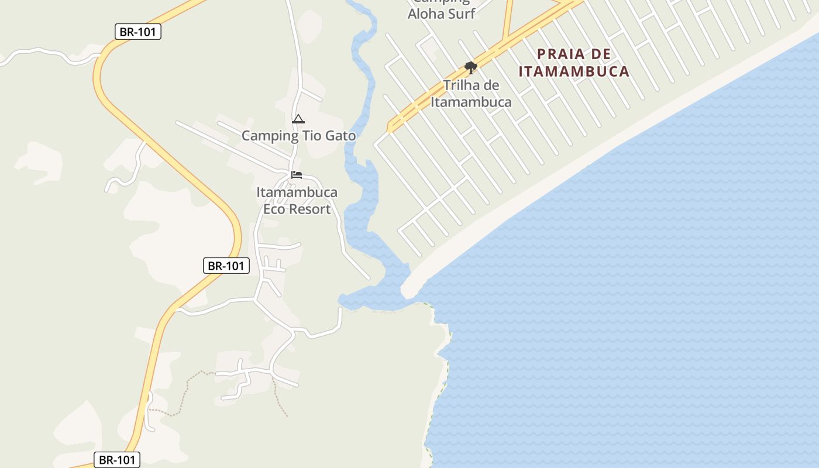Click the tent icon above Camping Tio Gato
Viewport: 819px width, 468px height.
pos(298,119)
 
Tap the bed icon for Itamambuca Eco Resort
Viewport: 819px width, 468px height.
pos(297,175)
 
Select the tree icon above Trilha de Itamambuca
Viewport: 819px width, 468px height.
pos(471,67)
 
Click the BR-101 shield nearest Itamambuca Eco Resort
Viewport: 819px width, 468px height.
pos(226,266)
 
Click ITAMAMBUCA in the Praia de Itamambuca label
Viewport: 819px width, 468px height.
pos(574,71)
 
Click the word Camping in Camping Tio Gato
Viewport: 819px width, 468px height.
pos(270,136)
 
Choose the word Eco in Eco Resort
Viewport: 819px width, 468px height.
pos(273,209)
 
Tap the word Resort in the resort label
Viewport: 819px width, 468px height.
pos(309,209)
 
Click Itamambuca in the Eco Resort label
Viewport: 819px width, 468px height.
pos(297,192)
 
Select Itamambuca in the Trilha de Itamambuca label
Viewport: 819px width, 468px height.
pos(471,102)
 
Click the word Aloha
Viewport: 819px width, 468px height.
pos(427,13)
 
